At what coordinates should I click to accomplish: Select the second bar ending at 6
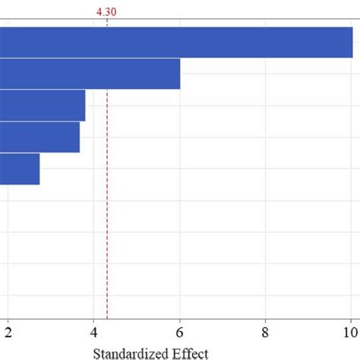coord(90,74)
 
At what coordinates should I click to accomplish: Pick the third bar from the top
coord(43,106)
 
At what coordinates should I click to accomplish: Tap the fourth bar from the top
coord(39,137)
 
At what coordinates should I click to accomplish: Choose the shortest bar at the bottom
coord(20,169)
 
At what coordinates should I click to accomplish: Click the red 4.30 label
coord(107,11)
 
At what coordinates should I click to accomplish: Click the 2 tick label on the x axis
coord(8,331)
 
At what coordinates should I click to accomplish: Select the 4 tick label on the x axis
coord(94,331)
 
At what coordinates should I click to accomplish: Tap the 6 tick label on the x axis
coord(180,331)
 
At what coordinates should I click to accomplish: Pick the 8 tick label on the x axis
coord(265,331)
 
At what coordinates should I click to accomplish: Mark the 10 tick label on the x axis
coord(350,331)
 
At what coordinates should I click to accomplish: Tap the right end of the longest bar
coord(352,42)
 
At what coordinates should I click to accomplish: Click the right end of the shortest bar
coord(39,169)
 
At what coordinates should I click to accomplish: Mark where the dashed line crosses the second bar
coord(107,74)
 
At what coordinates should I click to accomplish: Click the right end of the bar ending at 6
coord(179,74)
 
